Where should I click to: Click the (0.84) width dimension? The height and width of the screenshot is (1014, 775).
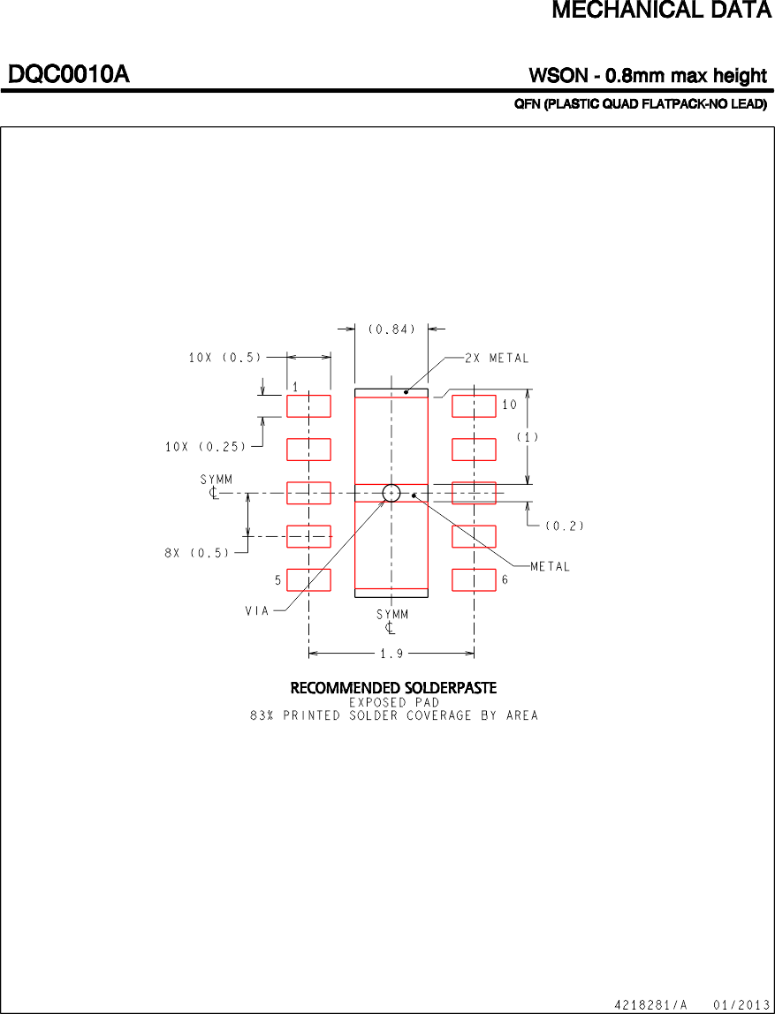click(391, 329)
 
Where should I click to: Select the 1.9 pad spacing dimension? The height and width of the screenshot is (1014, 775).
click(391, 655)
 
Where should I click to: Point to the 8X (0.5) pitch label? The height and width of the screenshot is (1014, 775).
click(196, 553)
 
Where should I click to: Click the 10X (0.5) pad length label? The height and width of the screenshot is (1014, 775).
click(224, 358)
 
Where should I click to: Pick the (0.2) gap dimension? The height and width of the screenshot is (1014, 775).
click(564, 526)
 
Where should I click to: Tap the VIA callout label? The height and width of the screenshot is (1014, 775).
click(258, 609)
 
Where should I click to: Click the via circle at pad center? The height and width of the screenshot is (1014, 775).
click(391, 493)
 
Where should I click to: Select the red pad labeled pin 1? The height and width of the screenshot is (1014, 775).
click(308, 406)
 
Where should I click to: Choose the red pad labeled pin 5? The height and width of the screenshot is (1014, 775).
click(308, 580)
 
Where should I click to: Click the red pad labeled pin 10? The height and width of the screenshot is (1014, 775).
click(474, 406)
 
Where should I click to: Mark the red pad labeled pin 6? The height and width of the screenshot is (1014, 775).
click(474, 580)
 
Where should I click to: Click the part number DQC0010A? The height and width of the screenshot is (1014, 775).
click(69, 75)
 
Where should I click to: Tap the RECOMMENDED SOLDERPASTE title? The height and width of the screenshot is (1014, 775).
click(393, 687)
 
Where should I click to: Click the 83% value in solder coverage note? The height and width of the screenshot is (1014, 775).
click(262, 715)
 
